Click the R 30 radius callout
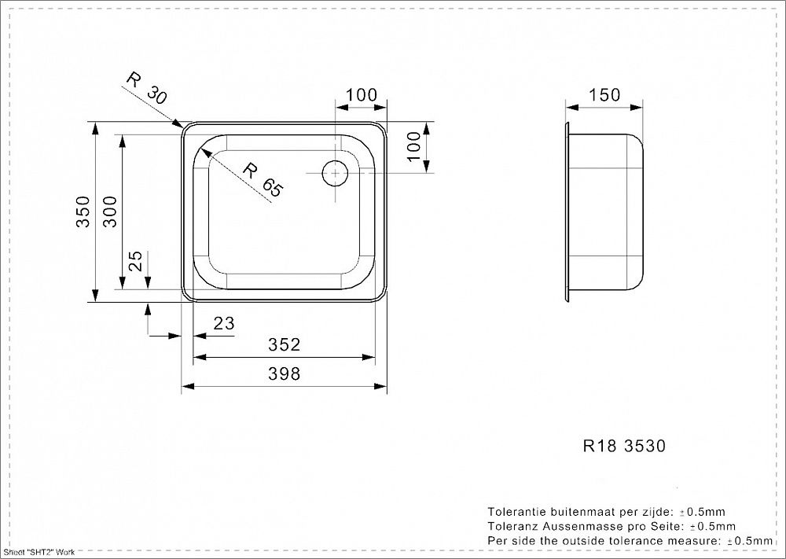click(145, 88)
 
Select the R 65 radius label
click(263, 179)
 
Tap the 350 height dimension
click(83, 211)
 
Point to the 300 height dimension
click(110, 211)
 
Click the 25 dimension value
click(136, 261)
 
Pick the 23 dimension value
click(223, 323)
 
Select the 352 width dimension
click(285, 344)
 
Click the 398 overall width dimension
click(285, 373)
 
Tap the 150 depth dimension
click(604, 95)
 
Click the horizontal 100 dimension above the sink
click(362, 95)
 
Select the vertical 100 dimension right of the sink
click(414, 146)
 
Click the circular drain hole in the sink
click(335, 174)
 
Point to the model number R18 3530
click(625, 445)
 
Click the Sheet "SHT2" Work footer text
click(39, 552)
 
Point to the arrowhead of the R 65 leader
click(205, 153)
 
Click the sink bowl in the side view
click(605, 212)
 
